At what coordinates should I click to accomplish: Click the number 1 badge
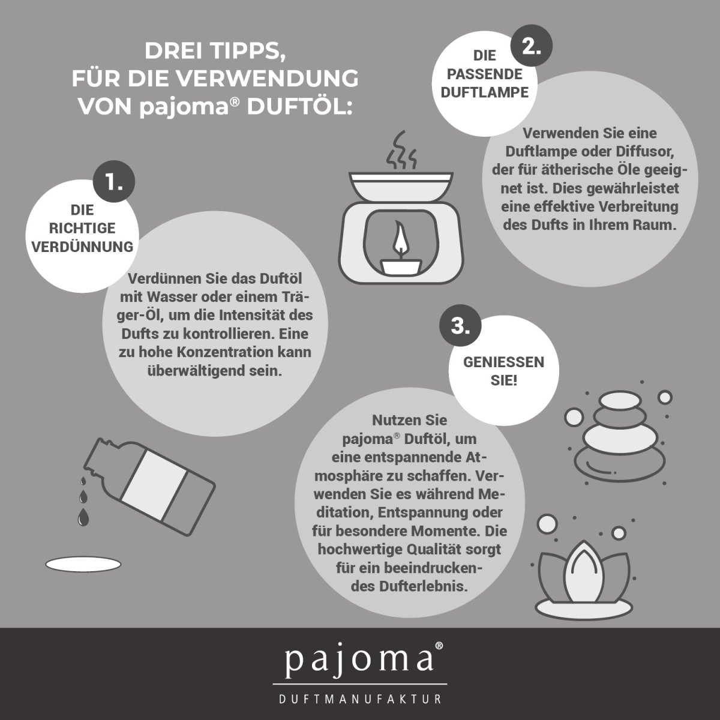(x=114, y=182)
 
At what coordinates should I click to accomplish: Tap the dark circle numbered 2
(x=532, y=46)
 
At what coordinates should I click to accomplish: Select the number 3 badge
(x=460, y=326)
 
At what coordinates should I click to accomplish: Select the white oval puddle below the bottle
(x=83, y=564)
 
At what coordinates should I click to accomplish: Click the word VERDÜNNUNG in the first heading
(x=82, y=247)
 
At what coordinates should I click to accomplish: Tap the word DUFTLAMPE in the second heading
(x=485, y=92)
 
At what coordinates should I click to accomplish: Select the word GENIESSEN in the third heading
(x=503, y=362)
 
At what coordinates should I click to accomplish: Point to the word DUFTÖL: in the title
(x=299, y=107)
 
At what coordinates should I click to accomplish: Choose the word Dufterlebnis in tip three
(x=424, y=586)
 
